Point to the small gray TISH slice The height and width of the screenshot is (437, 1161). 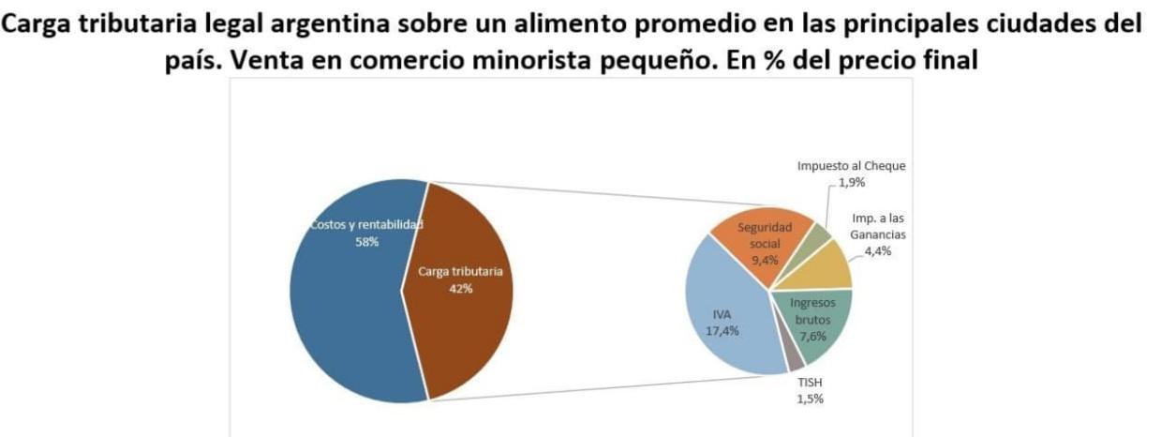(794, 356)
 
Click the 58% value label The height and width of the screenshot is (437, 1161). (366, 242)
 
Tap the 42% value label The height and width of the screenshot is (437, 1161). (460, 289)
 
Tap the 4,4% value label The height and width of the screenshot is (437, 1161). (877, 251)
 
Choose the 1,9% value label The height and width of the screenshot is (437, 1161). (852, 183)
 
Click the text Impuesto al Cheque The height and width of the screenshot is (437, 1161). (851, 166)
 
